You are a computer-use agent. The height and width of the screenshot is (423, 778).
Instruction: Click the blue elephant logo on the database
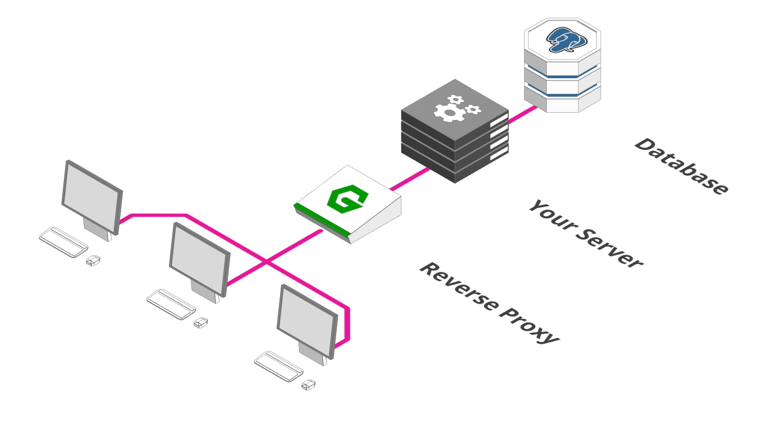click(x=566, y=40)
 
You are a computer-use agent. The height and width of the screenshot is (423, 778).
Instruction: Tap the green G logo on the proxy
click(x=347, y=199)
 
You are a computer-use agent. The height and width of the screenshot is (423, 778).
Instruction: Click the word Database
click(x=681, y=166)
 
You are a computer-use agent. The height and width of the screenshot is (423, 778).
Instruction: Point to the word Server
click(x=609, y=248)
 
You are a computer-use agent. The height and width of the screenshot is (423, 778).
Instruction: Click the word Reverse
click(x=460, y=287)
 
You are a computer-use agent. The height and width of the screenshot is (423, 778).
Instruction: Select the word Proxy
click(x=529, y=326)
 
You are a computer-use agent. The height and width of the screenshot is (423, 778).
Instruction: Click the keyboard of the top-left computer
click(x=63, y=242)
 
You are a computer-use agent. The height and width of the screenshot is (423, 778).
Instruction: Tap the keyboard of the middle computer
click(x=171, y=304)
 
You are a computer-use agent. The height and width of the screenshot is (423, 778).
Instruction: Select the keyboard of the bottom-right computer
click(x=278, y=366)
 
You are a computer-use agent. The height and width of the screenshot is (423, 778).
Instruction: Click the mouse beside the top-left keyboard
click(x=93, y=260)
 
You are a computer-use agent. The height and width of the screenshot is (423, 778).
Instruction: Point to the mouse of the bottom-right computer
click(x=308, y=385)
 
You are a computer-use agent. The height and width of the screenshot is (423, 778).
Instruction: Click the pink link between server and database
click(x=523, y=114)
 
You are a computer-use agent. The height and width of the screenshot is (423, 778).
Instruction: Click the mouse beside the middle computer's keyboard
click(x=201, y=323)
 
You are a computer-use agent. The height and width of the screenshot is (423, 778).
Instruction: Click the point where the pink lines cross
click(x=267, y=261)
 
